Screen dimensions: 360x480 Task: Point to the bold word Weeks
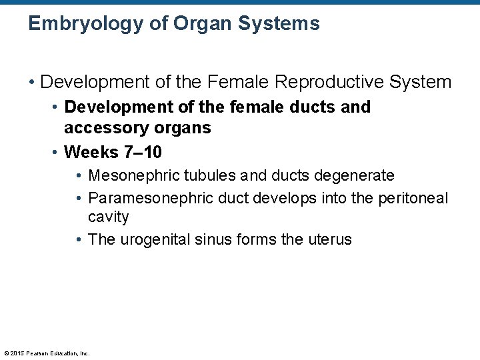[x=91, y=152]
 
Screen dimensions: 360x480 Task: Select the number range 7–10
[x=143, y=152]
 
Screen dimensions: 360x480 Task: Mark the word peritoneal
[x=412, y=198]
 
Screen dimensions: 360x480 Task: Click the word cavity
[x=109, y=217]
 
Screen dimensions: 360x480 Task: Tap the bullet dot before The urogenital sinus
[x=79, y=240]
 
